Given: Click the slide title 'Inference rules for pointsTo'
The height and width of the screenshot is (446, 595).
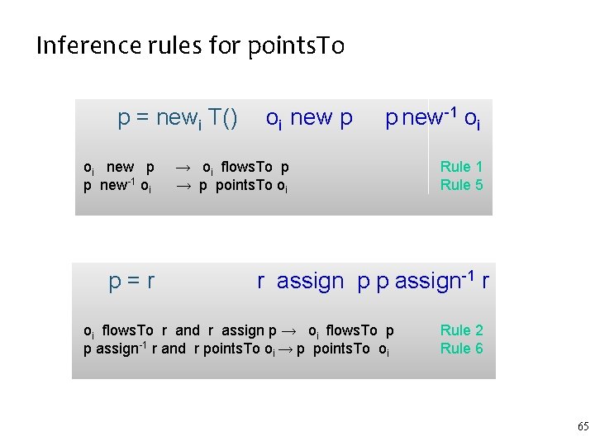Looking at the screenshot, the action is [x=190, y=45].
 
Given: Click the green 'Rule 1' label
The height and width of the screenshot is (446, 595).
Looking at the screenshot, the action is [x=461, y=167].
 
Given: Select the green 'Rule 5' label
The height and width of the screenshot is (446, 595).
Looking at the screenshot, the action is [x=461, y=185].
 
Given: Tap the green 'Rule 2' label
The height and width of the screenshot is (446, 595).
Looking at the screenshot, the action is [x=461, y=330].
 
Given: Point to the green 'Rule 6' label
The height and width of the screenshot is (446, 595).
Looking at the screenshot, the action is [x=461, y=349].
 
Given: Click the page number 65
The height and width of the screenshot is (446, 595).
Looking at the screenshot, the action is [x=583, y=427].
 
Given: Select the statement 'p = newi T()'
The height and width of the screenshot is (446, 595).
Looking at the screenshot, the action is [x=178, y=119].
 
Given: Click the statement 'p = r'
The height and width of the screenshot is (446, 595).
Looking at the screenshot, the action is [x=131, y=282].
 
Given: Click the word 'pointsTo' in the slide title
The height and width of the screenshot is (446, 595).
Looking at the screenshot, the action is [x=296, y=45].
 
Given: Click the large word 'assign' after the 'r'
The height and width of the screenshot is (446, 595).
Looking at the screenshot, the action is [x=310, y=282].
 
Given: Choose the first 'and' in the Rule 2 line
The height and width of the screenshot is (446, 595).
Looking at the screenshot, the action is [x=188, y=330].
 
